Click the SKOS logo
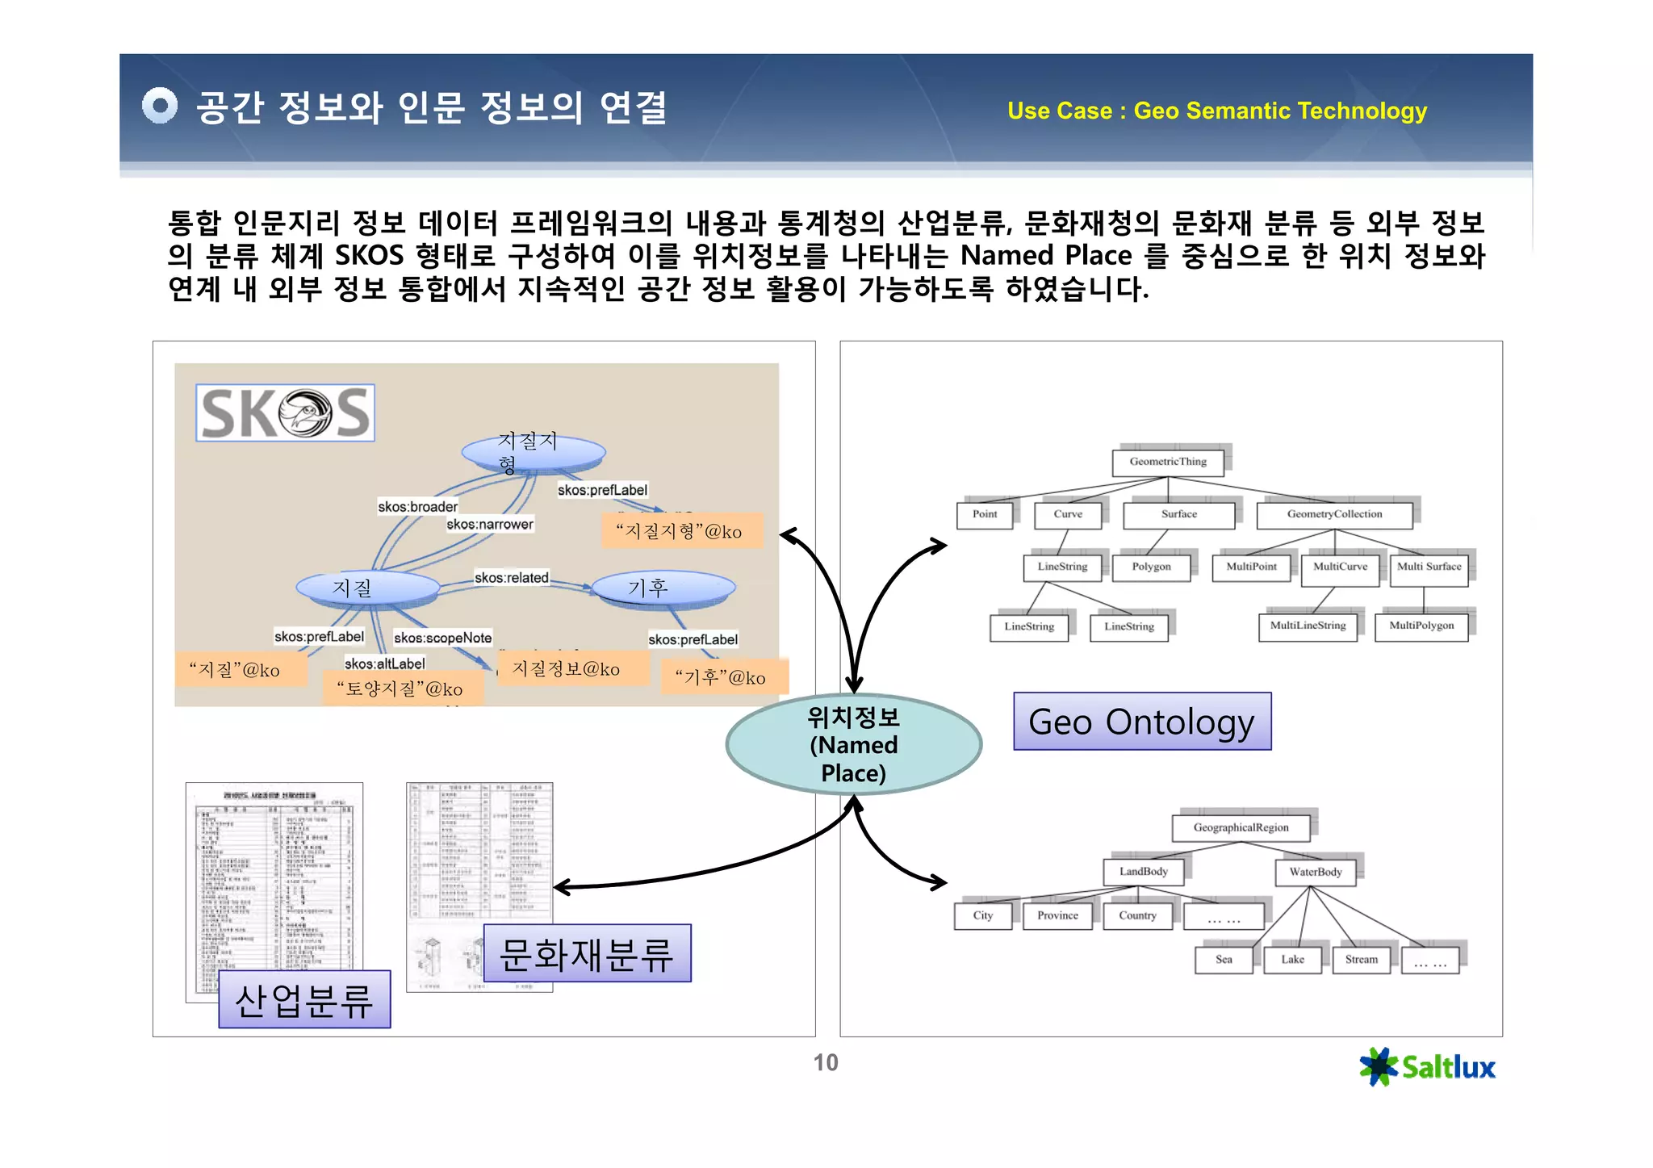tap(285, 412)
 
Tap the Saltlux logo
tap(1427, 1067)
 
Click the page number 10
tap(825, 1062)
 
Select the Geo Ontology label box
tap(1141, 722)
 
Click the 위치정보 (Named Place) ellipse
tap(853, 744)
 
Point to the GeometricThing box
tap(1167, 462)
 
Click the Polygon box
tap(1151, 567)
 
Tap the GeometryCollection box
tap(1333, 514)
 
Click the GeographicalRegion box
tap(1241, 827)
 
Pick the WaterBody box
tap(1315, 872)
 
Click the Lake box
tap(1292, 960)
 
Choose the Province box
tap(1057, 915)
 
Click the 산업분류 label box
tap(304, 999)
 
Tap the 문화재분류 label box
tap(587, 953)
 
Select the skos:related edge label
tap(511, 578)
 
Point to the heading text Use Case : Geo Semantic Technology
tap(1216, 111)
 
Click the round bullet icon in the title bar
tap(159, 105)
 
